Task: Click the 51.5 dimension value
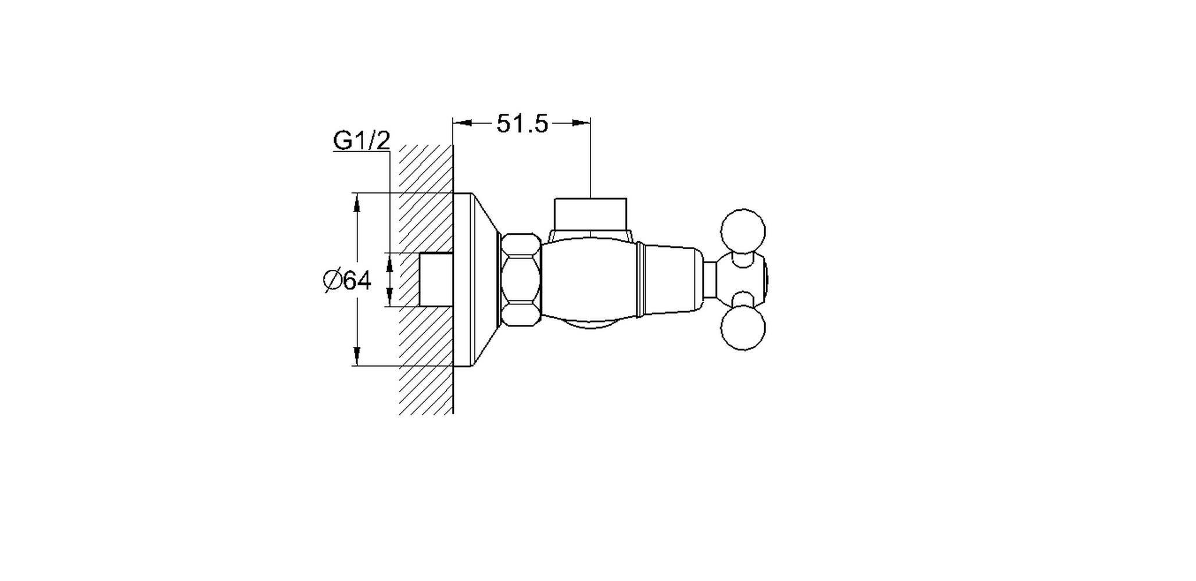[522, 124]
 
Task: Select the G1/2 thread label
[361, 141]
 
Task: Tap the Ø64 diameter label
[347, 281]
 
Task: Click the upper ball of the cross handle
[743, 231]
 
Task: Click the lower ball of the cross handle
[743, 328]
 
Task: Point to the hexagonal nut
[521, 279]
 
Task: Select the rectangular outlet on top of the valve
[590, 214]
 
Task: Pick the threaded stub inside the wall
[435, 279]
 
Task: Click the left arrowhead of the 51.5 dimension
[461, 123]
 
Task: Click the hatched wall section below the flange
[426, 389]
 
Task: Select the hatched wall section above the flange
[426, 168]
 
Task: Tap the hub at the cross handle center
[743, 279]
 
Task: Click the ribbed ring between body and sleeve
[640, 279]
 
